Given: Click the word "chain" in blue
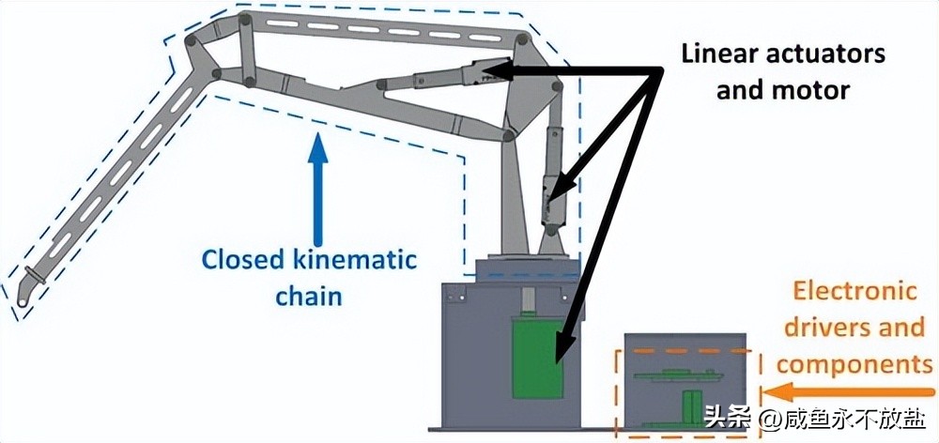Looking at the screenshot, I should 308,298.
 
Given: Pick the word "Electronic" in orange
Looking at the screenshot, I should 853,291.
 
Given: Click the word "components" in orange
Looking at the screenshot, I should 853,364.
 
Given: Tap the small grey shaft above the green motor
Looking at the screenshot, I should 529,302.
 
